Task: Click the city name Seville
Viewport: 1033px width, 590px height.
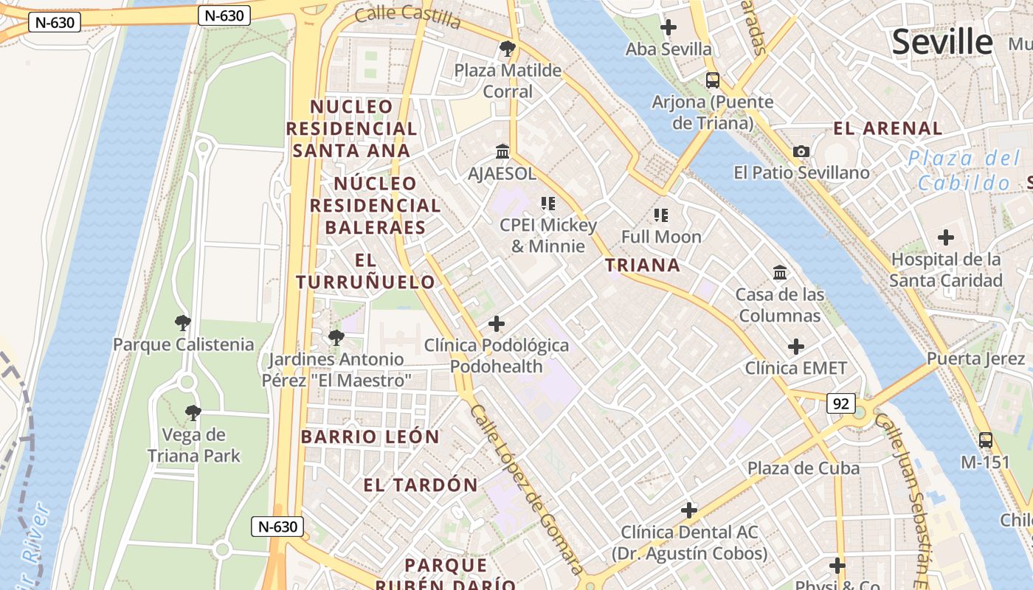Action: click(x=942, y=42)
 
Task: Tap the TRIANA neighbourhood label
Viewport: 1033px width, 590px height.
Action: click(x=643, y=265)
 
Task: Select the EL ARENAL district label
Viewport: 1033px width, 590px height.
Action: click(x=888, y=128)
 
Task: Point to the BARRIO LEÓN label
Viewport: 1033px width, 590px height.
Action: click(x=370, y=437)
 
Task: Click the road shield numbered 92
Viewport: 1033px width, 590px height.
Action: click(x=842, y=403)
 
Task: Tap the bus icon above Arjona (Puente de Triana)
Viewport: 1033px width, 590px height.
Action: click(x=712, y=80)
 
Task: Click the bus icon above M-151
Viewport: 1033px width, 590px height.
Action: click(x=985, y=440)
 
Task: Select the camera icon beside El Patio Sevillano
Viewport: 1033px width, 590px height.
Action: click(x=801, y=152)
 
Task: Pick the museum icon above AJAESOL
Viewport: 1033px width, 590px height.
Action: click(x=503, y=152)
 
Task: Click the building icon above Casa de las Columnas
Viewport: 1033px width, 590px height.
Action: click(x=780, y=273)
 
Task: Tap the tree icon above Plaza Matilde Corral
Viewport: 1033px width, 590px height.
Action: click(x=507, y=49)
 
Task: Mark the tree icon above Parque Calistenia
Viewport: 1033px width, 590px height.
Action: click(x=183, y=323)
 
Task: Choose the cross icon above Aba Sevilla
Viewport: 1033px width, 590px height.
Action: click(x=668, y=28)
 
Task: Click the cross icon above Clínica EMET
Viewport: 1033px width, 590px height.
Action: click(x=796, y=347)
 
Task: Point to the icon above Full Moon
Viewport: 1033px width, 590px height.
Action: click(x=661, y=215)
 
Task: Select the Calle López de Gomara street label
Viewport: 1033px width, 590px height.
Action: click(x=527, y=490)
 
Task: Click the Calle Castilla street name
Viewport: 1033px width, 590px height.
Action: click(x=407, y=15)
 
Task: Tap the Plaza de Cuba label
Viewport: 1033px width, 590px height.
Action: click(x=804, y=468)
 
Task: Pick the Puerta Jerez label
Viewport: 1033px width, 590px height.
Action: click(x=975, y=359)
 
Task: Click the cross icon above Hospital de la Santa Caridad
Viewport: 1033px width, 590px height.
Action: click(x=946, y=237)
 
